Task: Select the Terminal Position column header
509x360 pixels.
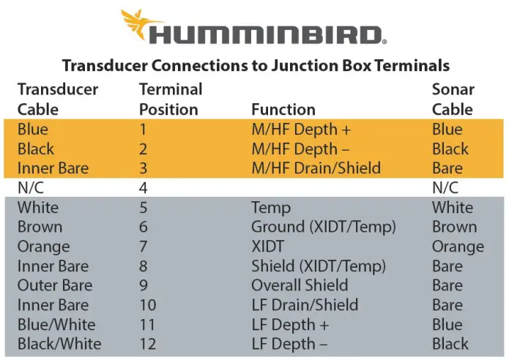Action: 170,100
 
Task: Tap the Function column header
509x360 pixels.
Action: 283,110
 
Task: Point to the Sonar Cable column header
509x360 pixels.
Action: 453,100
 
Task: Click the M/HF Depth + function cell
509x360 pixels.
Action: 301,130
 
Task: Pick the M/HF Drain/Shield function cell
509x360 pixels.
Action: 316,168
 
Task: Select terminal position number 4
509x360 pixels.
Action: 144,188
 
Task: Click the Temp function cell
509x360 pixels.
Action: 271,208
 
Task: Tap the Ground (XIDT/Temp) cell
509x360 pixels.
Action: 323,227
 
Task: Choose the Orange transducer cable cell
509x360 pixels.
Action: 43,247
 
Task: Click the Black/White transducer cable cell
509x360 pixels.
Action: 59,344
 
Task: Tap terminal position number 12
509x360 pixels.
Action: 147,344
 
